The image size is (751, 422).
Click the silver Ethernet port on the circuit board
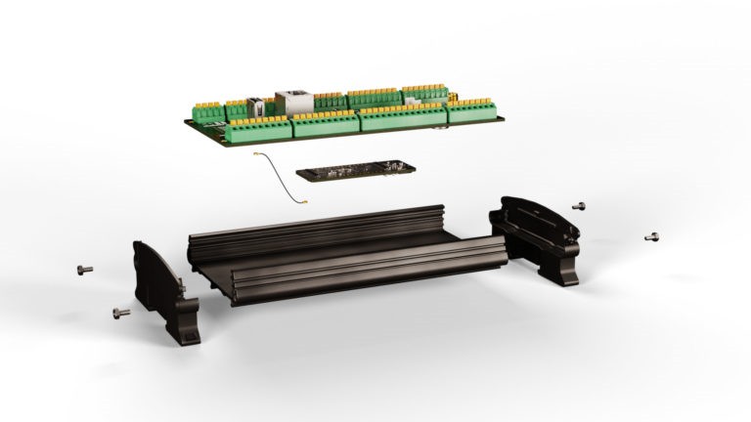tap(291, 100)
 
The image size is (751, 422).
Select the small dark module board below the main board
tap(358, 171)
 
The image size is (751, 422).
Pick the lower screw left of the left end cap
tap(121, 312)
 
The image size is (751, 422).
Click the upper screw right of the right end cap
tap(580, 205)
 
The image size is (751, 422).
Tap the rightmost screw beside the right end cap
tap(652, 236)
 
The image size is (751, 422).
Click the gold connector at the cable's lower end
tap(305, 202)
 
